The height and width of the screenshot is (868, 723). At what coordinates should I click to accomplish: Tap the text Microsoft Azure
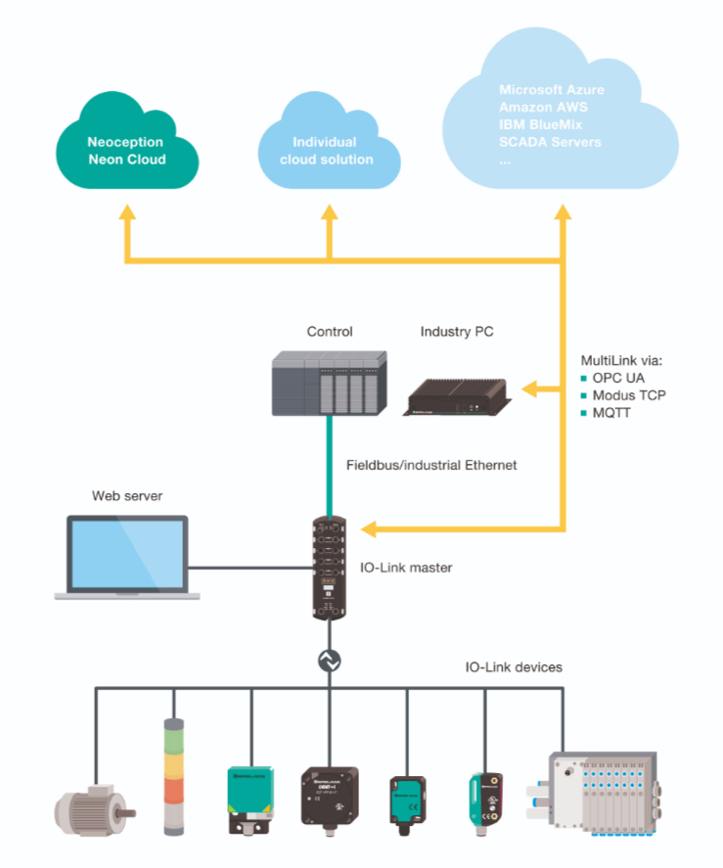click(548, 90)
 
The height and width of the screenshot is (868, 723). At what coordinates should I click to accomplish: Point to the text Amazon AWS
click(543, 108)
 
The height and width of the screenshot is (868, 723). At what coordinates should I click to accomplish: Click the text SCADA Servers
click(550, 143)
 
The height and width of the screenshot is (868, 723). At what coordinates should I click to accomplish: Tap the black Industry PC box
click(459, 395)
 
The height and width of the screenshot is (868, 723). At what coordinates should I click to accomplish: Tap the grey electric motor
click(91, 808)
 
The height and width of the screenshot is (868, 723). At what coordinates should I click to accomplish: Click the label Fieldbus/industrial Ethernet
click(431, 466)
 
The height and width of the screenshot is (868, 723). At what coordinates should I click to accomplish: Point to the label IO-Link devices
click(514, 667)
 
